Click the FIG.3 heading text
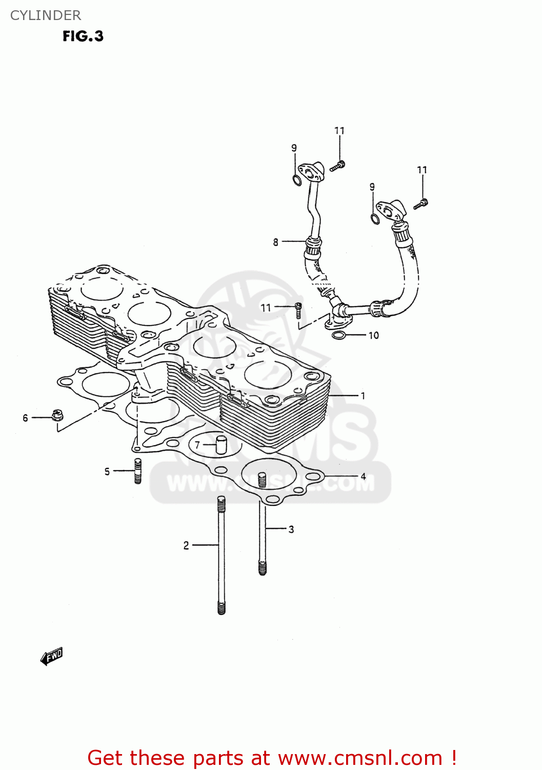pyautogui.click(x=83, y=36)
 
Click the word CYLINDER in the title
pyautogui.click(x=46, y=15)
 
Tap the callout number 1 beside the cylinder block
pyautogui.click(x=363, y=396)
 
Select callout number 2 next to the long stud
pyautogui.click(x=186, y=545)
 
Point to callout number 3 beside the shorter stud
pyautogui.click(x=291, y=529)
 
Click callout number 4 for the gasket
pyautogui.click(x=363, y=476)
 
